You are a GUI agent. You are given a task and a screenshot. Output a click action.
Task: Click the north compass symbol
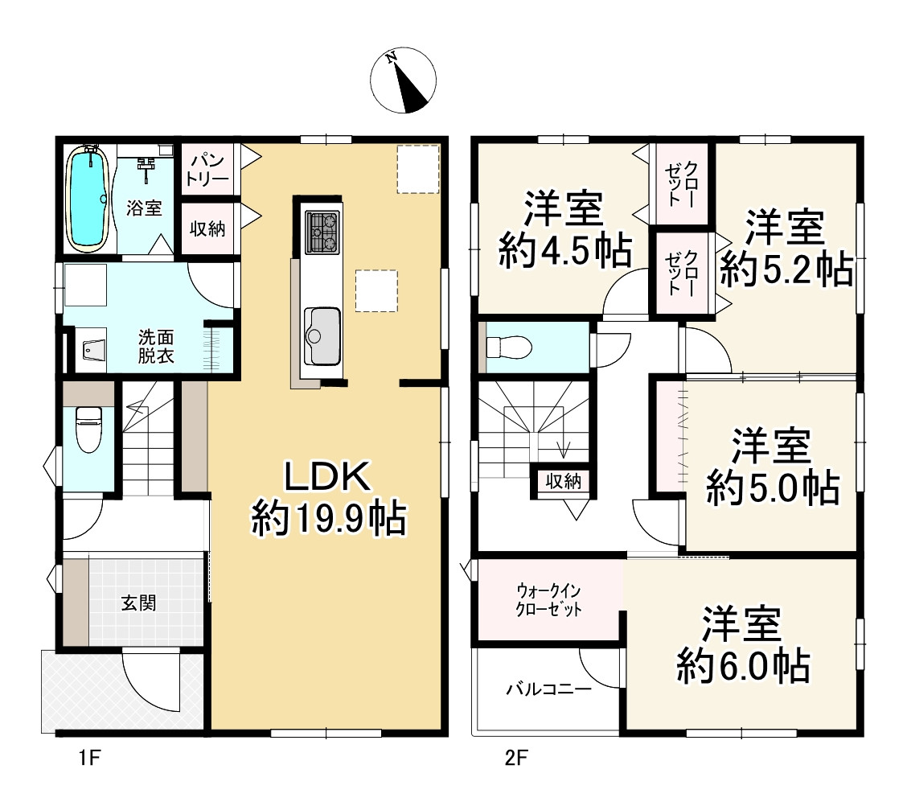coord(403,80)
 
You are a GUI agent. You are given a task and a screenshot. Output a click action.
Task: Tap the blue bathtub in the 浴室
coord(88,199)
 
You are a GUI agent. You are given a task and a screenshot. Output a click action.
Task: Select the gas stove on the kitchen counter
coord(322,232)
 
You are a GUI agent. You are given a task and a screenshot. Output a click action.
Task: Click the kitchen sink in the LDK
coord(322,336)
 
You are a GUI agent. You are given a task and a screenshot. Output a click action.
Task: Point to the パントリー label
coord(207,170)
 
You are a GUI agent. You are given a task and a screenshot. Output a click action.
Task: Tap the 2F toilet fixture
coord(508,348)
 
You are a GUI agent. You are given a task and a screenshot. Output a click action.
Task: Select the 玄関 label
coord(139,603)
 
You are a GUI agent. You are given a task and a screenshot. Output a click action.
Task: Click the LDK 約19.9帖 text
coord(329,498)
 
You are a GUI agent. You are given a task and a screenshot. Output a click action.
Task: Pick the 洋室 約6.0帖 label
coord(743,644)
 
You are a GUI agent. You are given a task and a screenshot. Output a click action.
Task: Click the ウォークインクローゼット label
coord(548,600)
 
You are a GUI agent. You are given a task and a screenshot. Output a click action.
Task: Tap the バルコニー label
coord(549,689)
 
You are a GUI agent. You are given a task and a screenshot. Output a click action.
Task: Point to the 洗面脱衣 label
coord(156,346)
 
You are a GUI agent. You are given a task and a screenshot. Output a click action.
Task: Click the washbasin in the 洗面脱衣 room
coord(92,349)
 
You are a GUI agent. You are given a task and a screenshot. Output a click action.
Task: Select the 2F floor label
coord(516,758)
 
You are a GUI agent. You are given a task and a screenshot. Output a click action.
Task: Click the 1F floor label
coord(90,758)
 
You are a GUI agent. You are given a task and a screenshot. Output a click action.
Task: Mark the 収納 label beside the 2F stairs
coord(563,481)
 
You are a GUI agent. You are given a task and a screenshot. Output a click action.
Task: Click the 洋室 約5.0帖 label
coord(772,467)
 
